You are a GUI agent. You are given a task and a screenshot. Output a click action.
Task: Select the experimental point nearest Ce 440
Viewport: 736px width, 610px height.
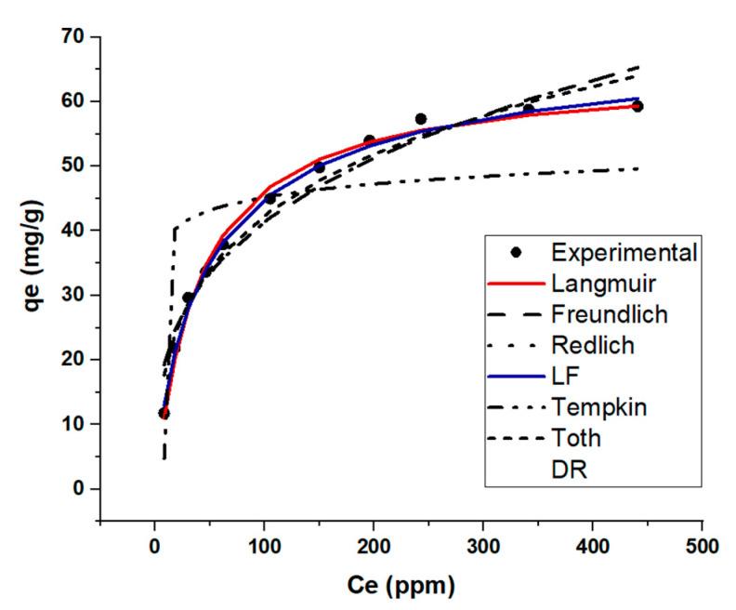pos(637,106)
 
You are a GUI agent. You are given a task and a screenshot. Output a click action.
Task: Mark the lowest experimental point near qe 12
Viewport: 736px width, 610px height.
pos(164,413)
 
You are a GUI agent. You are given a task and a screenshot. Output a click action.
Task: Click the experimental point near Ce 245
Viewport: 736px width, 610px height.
pos(421,119)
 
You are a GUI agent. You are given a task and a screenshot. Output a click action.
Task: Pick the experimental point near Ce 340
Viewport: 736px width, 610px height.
pos(529,110)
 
